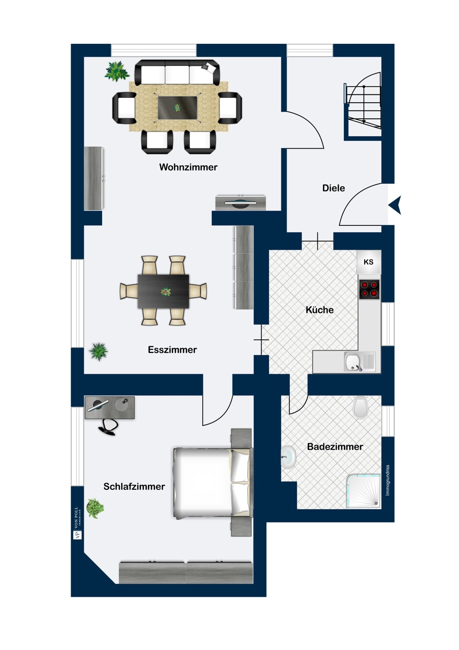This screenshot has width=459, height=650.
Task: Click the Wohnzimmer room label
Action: tap(188, 167)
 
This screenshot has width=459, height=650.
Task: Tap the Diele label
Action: tap(333, 188)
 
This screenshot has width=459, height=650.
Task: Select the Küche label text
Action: tap(320, 310)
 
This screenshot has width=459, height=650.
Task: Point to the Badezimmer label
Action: tap(335, 447)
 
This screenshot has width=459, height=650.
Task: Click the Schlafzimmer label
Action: tap(134, 486)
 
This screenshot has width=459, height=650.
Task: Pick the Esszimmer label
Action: tap(172, 350)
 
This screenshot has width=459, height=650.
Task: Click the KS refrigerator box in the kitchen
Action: tap(368, 262)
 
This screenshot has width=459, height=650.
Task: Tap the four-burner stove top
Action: tap(369, 289)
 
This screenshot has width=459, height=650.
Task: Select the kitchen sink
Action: tap(359, 362)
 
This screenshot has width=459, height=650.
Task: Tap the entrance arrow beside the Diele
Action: tap(395, 205)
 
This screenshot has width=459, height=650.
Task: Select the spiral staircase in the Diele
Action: tap(363, 106)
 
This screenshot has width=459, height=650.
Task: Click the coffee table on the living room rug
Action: tap(177, 107)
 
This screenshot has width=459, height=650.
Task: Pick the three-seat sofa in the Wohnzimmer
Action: tap(177, 72)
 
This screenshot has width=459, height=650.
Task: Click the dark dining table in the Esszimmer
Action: tap(163, 291)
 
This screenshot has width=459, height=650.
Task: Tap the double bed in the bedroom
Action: tap(213, 482)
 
